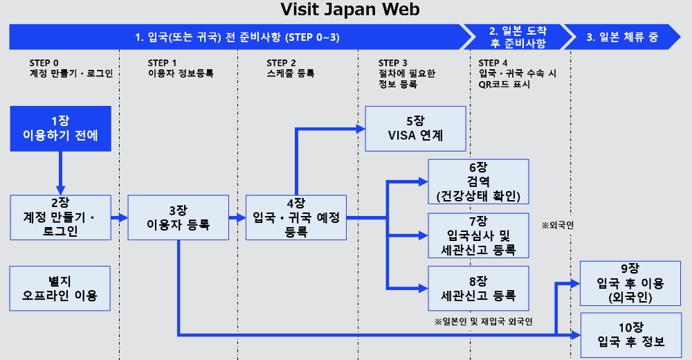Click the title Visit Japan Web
349,10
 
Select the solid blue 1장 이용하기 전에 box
60,128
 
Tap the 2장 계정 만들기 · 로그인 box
60,217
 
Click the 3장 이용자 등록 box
178,217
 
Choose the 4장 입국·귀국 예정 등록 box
296,217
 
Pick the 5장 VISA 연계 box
415,128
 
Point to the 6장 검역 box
478,181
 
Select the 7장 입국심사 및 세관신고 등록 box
478,235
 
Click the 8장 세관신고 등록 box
478,289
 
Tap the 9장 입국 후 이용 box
630,283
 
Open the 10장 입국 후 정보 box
630,335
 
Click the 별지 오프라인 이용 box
60,289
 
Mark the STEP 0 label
44,62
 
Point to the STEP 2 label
281,62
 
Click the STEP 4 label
493,62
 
